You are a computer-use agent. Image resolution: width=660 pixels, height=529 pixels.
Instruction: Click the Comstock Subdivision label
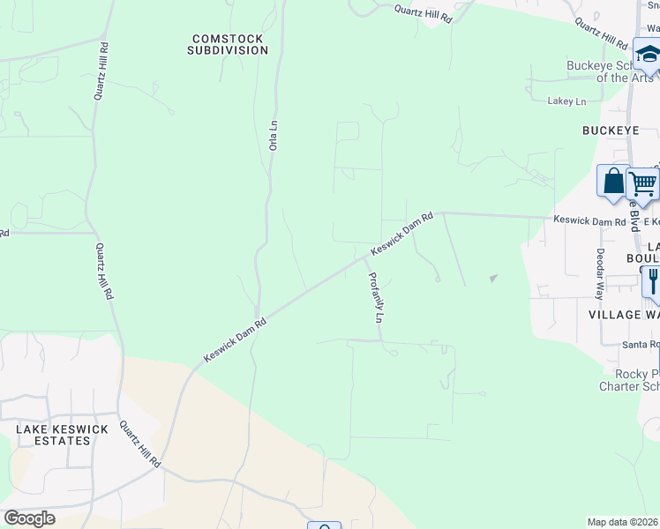tap(228, 44)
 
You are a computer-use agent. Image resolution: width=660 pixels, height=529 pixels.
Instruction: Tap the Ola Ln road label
tap(274, 135)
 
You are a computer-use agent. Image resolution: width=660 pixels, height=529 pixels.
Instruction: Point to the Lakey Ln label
tap(566, 102)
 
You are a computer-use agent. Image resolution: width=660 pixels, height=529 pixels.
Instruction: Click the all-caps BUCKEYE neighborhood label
tap(611, 130)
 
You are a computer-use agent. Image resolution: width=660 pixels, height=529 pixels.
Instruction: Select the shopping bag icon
tap(611, 180)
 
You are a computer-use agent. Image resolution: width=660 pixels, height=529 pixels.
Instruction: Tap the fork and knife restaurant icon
tap(653, 280)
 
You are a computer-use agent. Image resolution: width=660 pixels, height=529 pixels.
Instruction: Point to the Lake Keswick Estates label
tap(61, 435)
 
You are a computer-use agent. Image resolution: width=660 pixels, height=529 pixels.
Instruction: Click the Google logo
tap(29, 518)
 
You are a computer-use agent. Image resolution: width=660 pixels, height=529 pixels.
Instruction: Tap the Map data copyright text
tap(623, 522)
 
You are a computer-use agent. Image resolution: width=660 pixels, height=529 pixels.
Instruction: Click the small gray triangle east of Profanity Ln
tap(493, 279)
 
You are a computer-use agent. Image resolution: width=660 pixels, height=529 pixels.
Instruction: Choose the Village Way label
tap(623, 315)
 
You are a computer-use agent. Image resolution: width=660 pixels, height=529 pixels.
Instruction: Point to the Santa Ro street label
tap(629, 344)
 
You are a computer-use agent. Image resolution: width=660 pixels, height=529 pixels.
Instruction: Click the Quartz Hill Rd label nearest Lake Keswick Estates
tap(141, 445)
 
